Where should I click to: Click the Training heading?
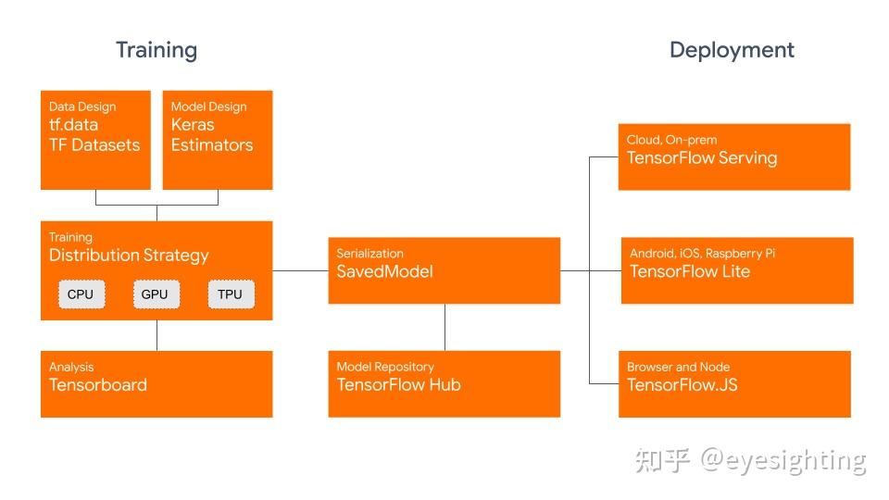157,50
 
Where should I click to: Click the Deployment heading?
732,50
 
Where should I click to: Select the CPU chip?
81,294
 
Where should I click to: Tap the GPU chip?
155,294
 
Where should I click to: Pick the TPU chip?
230,294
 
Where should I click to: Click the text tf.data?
73,125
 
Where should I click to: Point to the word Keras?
193,125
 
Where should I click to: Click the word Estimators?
212,145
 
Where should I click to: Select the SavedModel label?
384,271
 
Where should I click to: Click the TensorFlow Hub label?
398,385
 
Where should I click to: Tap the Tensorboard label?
98,385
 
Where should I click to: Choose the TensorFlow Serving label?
702,157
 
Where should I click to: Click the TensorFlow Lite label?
690,271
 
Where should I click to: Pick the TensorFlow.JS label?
682,385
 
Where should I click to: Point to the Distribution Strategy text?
129,256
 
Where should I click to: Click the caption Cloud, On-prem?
671,140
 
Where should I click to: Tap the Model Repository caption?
385,368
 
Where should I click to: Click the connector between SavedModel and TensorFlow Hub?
445,327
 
